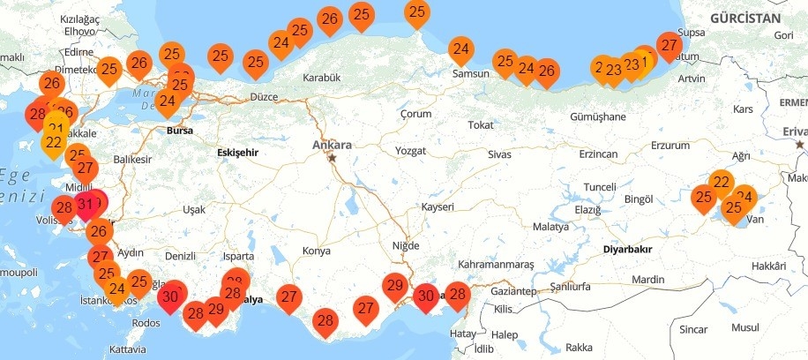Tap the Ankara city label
[x=332, y=145]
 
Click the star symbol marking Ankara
[x=333, y=158]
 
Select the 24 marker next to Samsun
[x=460, y=50]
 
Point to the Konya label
[x=316, y=251]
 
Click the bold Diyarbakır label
[x=627, y=250]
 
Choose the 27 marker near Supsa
[x=670, y=46]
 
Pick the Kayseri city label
[x=438, y=206]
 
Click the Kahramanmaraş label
[x=496, y=265]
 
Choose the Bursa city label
[x=179, y=131]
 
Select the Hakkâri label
[x=768, y=266]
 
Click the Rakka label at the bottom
[x=579, y=347]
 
